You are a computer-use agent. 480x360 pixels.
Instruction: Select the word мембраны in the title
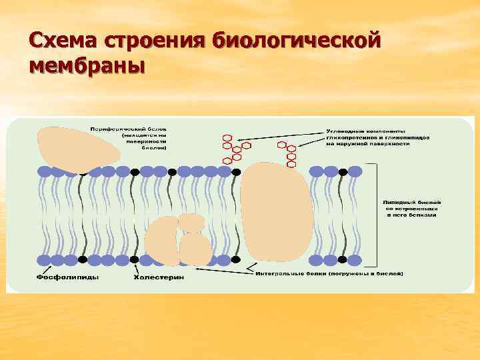tap(87, 66)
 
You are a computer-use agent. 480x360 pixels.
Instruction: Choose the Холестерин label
tap(159, 277)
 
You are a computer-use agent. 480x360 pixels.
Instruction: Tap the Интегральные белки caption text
tap(329, 273)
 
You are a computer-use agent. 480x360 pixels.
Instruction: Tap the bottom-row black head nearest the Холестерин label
tap(134, 259)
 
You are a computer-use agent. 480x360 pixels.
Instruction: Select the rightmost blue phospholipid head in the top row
tap(355, 171)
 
